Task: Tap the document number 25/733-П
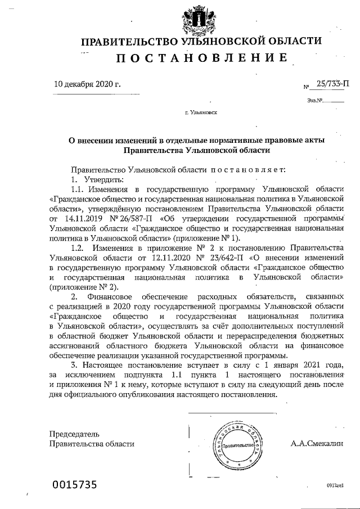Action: [x=332, y=85]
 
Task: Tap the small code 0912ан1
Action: [x=334, y=485]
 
